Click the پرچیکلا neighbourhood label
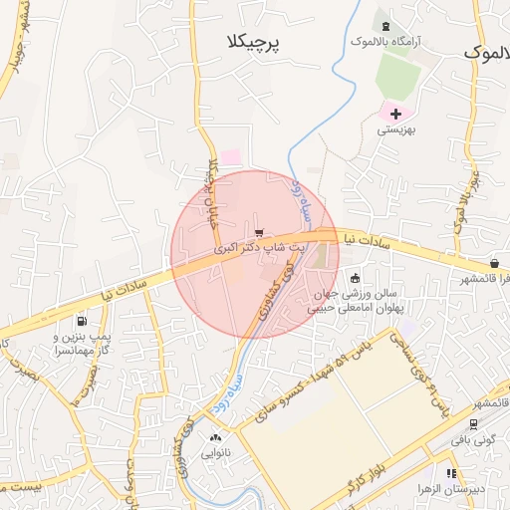coord(248,42)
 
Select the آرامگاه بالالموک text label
coord(383,42)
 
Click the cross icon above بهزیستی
coord(395,115)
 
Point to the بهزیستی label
coord(395,129)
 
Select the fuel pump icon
coord(80,322)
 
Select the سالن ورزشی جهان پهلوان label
coord(349,301)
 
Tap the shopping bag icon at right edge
coord(494,263)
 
